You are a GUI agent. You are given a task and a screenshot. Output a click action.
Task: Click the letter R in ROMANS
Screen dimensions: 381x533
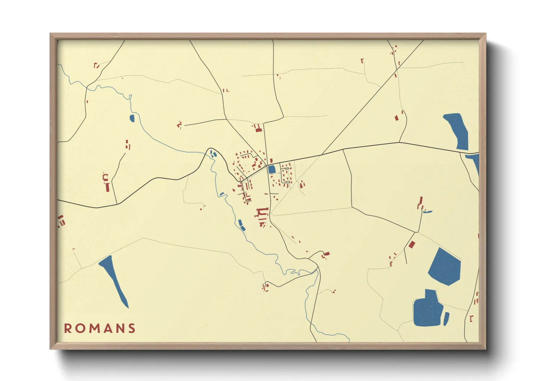click(68, 328)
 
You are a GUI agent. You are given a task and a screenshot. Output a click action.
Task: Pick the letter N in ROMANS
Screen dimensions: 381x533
click(119, 328)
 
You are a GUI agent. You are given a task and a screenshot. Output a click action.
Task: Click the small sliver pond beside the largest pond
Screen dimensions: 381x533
click(446, 319)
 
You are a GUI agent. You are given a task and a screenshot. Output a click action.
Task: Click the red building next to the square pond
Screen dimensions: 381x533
click(271, 161)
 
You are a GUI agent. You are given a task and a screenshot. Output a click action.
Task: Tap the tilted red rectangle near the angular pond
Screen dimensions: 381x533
click(412, 245)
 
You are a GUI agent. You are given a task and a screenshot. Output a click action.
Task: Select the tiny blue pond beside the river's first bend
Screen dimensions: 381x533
click(132, 118)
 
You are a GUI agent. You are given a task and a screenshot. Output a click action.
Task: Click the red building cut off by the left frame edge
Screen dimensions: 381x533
click(61, 221)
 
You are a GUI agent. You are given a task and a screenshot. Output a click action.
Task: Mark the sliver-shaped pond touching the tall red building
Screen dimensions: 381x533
click(427, 211)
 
